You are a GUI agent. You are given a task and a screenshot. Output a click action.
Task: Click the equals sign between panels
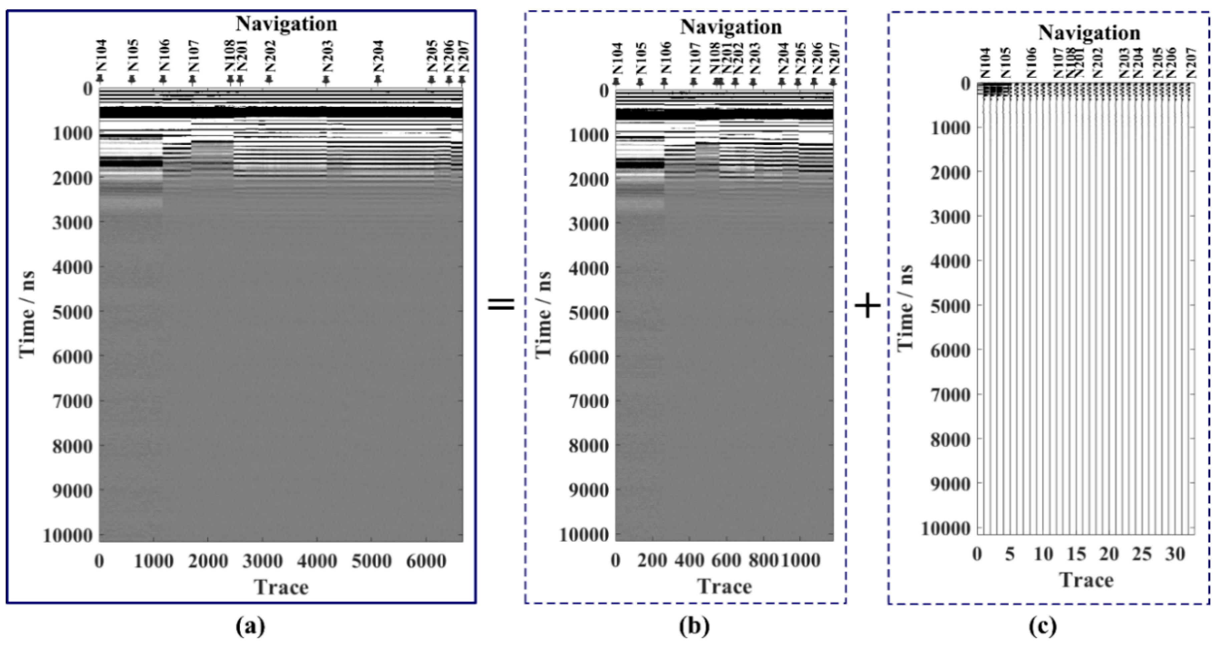[x=501, y=304]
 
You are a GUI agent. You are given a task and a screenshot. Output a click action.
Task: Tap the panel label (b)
[x=694, y=627]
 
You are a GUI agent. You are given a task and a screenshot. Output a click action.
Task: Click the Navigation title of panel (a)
[x=287, y=24]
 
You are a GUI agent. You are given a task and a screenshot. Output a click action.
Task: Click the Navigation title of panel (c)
[x=1089, y=33]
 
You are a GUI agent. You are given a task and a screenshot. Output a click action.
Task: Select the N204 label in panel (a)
[x=378, y=56]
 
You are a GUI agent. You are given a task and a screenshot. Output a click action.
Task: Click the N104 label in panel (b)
[x=617, y=59]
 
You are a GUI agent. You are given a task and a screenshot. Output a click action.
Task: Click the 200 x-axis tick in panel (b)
[x=652, y=561]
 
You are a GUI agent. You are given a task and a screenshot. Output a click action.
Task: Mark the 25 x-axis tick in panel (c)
[x=1142, y=554]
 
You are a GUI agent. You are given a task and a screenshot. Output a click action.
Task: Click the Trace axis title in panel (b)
[x=724, y=587]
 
